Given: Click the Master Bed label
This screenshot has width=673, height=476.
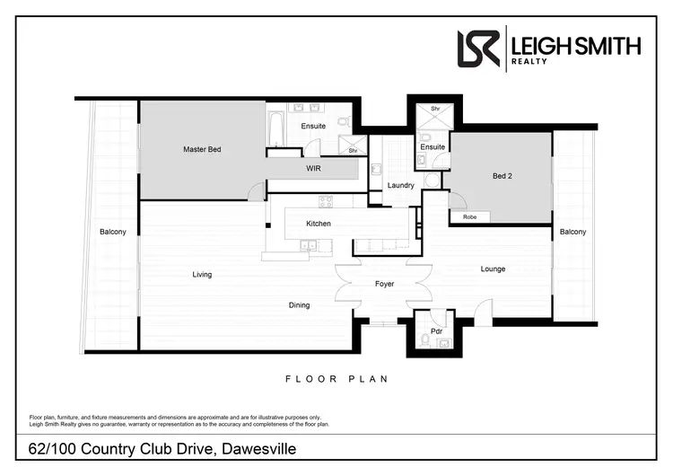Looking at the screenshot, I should (x=201, y=149).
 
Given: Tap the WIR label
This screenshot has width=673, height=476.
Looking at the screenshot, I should (x=313, y=168).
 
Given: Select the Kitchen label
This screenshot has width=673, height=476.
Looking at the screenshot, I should (x=319, y=224).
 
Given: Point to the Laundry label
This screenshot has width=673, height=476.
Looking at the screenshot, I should (x=400, y=186).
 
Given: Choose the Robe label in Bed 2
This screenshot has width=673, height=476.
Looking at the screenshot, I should (x=469, y=217).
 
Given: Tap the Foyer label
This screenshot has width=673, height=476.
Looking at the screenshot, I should (x=384, y=285).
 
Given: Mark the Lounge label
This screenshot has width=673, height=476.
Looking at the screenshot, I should (x=493, y=269).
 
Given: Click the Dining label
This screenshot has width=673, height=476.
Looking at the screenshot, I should (x=299, y=305).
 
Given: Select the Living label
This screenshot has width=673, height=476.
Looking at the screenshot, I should (x=202, y=275).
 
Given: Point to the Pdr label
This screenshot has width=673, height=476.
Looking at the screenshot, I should (x=436, y=331).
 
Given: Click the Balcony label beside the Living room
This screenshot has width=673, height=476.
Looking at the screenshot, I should (x=112, y=232).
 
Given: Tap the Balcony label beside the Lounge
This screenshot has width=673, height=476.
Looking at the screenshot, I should (x=572, y=232).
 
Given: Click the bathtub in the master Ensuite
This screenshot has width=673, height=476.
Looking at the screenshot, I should (x=275, y=127).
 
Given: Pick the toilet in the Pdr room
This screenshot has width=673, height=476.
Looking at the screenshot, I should (x=424, y=340).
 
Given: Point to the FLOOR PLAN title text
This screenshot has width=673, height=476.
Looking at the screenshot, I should (x=336, y=379).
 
